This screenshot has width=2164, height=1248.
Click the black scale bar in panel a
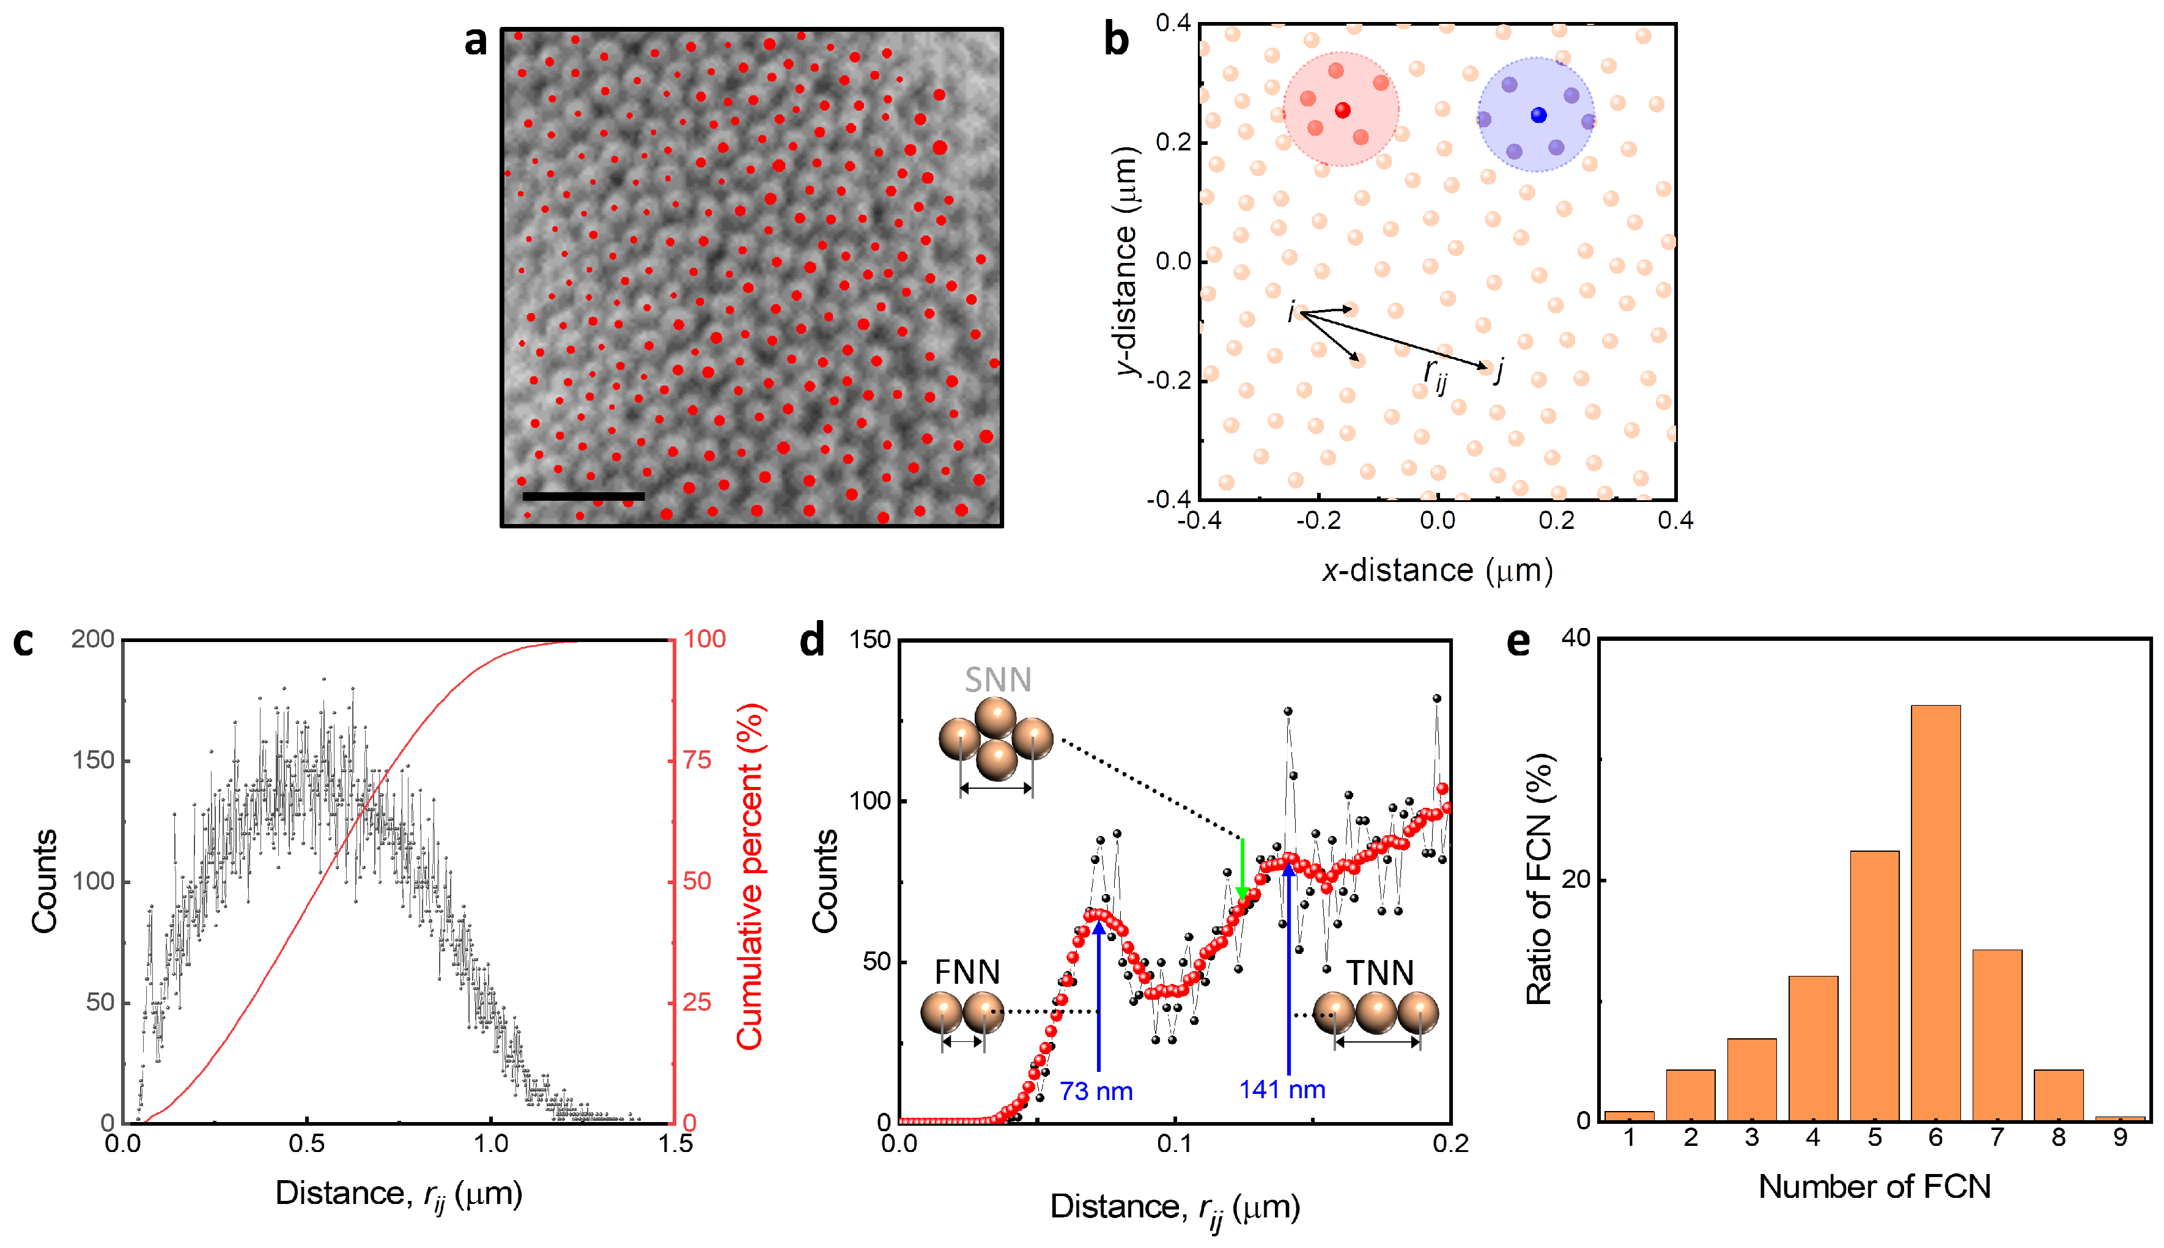click(x=583, y=495)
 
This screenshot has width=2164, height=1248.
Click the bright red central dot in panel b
click(x=1342, y=109)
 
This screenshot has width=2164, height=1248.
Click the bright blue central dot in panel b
click(x=1538, y=115)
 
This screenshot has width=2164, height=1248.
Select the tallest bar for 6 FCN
click(x=1935, y=913)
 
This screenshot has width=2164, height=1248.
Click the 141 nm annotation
click(x=1282, y=1090)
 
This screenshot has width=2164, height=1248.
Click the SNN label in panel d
click(x=997, y=680)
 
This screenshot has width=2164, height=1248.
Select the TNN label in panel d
click(x=1379, y=973)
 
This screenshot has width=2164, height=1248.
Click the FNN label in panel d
click(x=967, y=972)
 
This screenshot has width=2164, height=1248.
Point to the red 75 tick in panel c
click(x=696, y=759)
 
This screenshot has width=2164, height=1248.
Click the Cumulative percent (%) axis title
click(x=749, y=876)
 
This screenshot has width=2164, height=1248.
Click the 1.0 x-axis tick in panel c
click(x=490, y=1143)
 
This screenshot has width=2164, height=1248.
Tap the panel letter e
click(x=1518, y=641)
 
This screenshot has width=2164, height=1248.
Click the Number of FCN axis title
click(x=1874, y=1186)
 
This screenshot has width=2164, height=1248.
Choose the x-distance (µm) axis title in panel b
click(x=1436, y=570)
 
